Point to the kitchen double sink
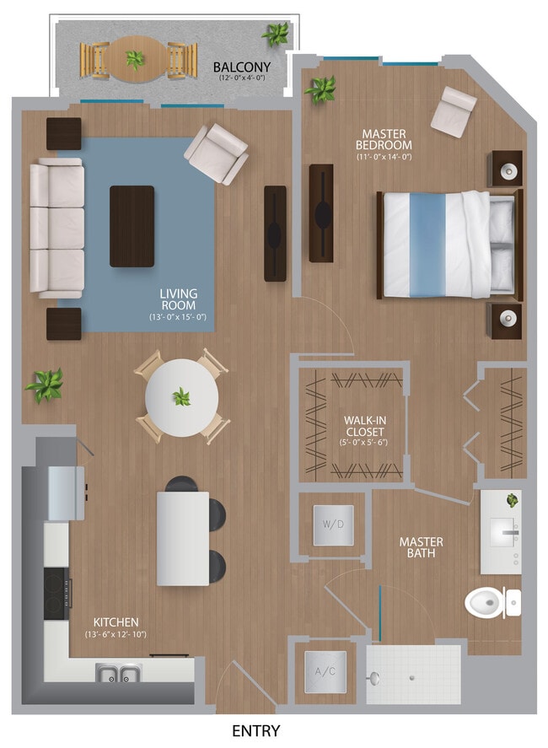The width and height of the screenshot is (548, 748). [x=119, y=673]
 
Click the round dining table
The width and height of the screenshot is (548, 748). [x=181, y=397]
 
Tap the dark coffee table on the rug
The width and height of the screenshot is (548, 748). [x=132, y=226]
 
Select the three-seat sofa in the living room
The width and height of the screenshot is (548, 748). [x=57, y=229]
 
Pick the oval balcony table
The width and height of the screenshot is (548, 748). [x=135, y=59]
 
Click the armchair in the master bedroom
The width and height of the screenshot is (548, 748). [x=454, y=110]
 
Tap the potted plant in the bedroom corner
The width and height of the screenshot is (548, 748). [x=321, y=88]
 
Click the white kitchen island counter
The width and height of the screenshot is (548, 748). [x=183, y=538]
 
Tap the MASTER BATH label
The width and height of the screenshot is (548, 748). [x=421, y=547]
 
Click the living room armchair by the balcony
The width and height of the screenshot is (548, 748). [x=216, y=153]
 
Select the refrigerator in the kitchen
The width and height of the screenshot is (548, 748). [x=66, y=492]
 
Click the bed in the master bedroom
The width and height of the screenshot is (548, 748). [x=447, y=244]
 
